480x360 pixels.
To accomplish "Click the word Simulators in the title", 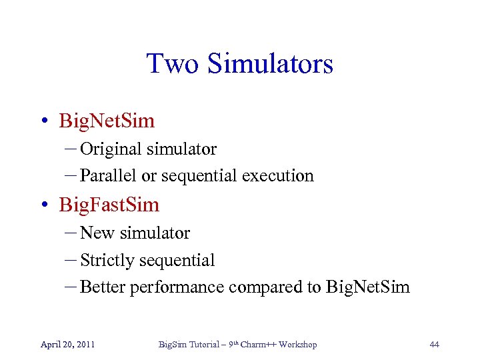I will click(x=270, y=64).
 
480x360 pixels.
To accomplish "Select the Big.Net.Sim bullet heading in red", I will click(x=107, y=121).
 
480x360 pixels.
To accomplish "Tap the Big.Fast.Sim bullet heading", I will click(x=109, y=205).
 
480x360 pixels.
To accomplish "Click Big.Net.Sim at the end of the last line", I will click(x=367, y=287).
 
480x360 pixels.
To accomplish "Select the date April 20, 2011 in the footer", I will click(x=67, y=345).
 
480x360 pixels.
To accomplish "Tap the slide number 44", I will click(x=434, y=345).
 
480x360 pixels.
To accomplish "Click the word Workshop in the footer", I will click(x=297, y=345).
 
